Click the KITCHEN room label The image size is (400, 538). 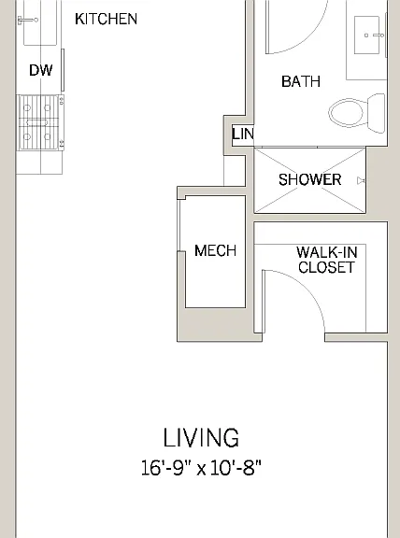(106, 19)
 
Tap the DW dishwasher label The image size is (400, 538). (41, 70)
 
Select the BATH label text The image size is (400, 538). (301, 81)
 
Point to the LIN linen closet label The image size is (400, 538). (243, 134)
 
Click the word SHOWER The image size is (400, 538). (309, 179)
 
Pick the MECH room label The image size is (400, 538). (215, 250)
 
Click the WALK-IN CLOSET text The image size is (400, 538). (326, 260)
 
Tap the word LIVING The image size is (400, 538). (201, 438)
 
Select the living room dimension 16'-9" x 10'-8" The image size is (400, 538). (201, 468)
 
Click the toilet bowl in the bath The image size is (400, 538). (347, 112)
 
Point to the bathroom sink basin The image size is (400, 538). (366, 35)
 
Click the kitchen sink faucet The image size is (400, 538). (28, 21)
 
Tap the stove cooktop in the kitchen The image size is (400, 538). (40, 122)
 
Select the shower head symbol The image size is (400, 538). (361, 180)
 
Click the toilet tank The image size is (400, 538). (377, 113)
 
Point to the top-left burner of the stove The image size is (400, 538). (27, 108)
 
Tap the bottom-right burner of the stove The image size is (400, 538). (48, 137)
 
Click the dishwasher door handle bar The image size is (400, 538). (63, 70)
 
